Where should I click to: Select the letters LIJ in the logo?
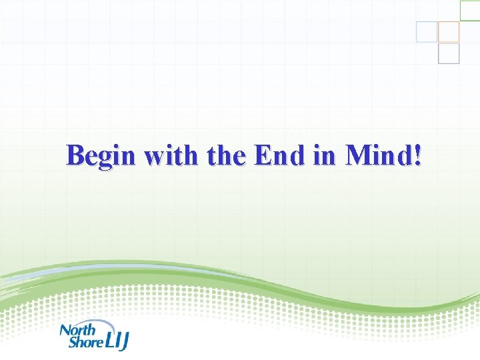point(117,341)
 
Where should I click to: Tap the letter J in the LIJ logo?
point(125,342)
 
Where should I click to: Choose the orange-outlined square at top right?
point(449,31)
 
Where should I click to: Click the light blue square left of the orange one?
point(427,31)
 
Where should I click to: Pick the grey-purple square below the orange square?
point(449,53)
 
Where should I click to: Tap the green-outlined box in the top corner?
point(471,10)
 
